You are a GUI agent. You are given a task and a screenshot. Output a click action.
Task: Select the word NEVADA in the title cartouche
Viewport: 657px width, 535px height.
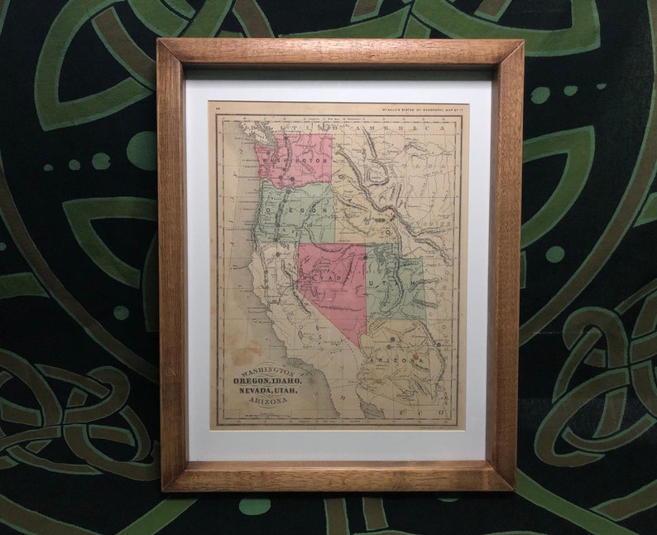[x=246, y=390]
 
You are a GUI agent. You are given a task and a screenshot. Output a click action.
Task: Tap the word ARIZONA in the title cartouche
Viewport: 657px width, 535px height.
[x=267, y=400]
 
